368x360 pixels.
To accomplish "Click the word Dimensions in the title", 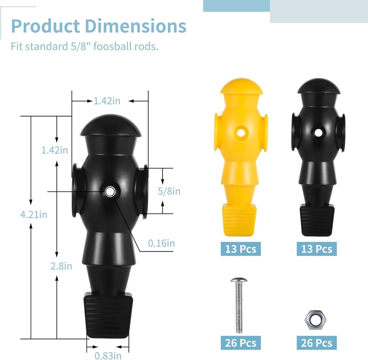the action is [135, 26].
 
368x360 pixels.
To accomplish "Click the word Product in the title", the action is [46, 26].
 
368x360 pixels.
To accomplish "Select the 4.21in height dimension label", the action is [34, 214].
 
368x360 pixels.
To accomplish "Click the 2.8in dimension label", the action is [61, 266].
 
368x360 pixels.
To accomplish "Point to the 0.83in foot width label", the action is [108, 356].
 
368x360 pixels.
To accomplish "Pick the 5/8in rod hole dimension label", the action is [169, 191].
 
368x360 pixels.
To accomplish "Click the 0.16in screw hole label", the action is [161, 243].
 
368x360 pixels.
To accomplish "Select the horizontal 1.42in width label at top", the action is [107, 101].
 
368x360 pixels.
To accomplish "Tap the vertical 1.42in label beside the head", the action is [55, 150].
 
